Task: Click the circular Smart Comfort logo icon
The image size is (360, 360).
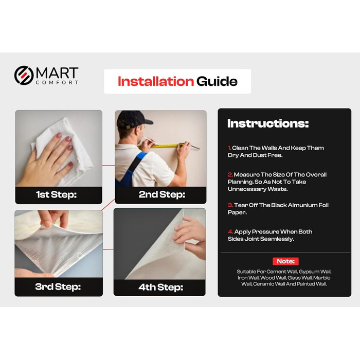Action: click(x=24, y=75)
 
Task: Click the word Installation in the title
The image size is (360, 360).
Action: click(x=156, y=81)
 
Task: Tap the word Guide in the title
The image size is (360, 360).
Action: click(x=217, y=81)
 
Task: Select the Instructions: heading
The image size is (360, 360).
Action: click(x=268, y=123)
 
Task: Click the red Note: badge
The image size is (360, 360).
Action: click(x=285, y=261)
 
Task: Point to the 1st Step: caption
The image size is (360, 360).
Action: click(x=56, y=195)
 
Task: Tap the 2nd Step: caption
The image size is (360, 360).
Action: click(x=162, y=195)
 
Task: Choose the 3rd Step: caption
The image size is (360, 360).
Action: click(x=58, y=287)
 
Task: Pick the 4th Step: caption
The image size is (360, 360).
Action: click(x=160, y=287)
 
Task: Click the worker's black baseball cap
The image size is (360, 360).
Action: click(x=133, y=119)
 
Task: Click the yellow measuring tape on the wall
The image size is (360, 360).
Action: click(x=161, y=146)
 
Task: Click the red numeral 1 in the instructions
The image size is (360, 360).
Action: click(x=229, y=148)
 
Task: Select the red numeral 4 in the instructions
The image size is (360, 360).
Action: click(x=230, y=232)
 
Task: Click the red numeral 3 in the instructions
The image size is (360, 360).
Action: click(x=230, y=205)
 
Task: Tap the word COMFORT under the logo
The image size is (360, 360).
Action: click(x=57, y=82)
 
